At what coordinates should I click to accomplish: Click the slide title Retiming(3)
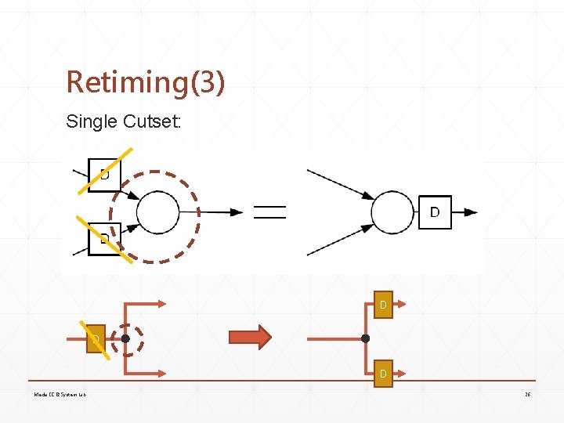146,81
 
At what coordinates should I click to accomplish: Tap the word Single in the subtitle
92,121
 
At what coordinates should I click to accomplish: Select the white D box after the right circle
435,211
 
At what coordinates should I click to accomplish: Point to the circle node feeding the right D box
392,211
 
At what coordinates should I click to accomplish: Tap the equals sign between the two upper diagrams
269,211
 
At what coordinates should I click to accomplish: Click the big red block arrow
249,337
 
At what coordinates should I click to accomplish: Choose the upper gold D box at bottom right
382,304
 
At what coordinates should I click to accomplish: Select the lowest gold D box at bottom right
382,374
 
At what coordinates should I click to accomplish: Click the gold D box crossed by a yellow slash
95,339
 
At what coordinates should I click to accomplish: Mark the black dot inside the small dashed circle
125,339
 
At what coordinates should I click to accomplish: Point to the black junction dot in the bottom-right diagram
365,338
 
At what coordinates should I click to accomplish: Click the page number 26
528,394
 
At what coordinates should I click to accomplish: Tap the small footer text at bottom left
60,394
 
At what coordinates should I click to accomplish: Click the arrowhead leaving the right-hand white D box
470,211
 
